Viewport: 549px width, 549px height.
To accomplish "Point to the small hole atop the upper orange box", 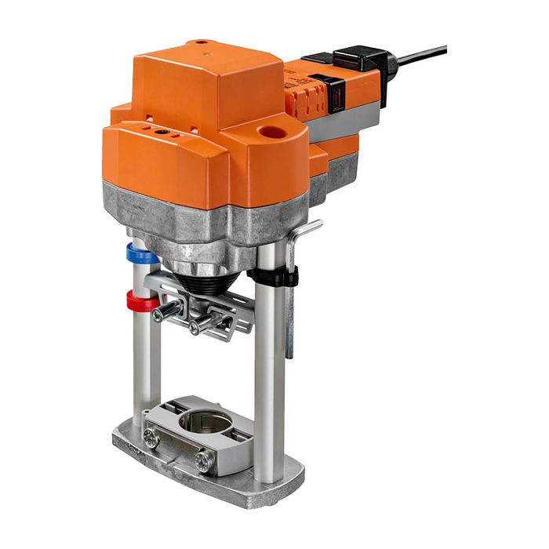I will click(x=202, y=42).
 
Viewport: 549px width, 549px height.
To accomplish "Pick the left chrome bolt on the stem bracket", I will click(x=165, y=313).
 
